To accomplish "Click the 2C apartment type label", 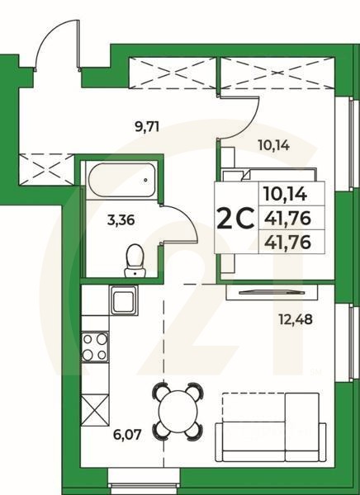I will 234,219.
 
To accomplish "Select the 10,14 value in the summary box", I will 284,196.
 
